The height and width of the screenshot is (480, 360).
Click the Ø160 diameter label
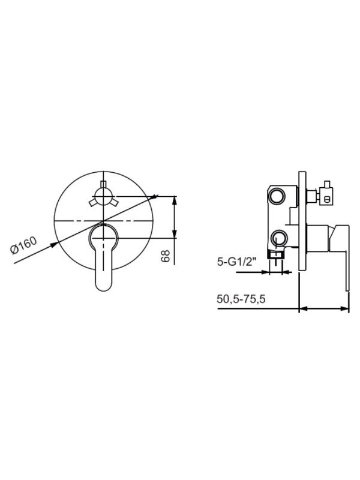(25, 246)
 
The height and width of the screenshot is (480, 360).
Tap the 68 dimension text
(166, 256)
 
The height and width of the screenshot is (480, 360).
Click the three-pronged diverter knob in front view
(103, 196)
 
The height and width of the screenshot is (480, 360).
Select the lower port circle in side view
(278, 236)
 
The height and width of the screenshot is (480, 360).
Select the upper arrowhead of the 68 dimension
(174, 200)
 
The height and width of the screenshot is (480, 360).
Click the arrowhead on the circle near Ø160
(56, 244)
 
